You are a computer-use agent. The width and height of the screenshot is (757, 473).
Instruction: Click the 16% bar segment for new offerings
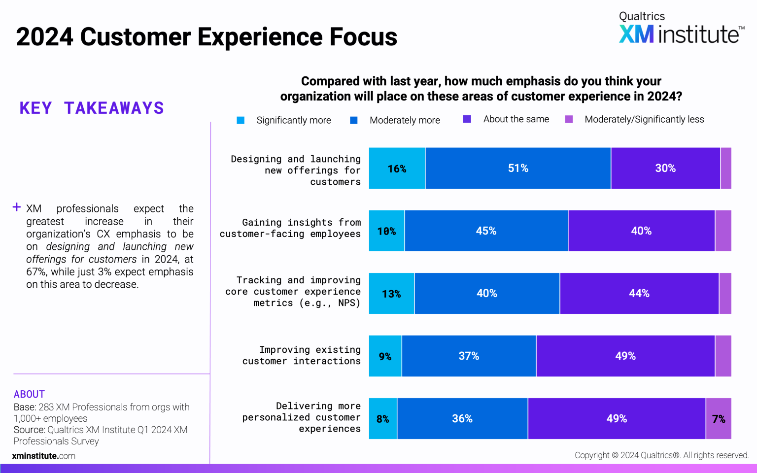pos(397,169)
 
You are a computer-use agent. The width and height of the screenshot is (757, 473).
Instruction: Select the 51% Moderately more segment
pos(518,169)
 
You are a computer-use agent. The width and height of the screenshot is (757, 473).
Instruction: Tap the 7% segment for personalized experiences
pos(719,419)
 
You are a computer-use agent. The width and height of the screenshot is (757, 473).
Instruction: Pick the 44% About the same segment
pos(639,294)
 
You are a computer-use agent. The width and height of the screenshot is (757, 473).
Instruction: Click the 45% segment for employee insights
pos(486,231)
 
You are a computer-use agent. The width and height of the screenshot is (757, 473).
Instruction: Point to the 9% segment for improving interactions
pos(385,356)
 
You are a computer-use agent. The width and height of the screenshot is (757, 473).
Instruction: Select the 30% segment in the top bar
pos(665,169)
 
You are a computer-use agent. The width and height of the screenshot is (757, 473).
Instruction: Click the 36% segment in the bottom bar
pos(462,419)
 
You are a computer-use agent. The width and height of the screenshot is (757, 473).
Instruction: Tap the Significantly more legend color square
pos(241,120)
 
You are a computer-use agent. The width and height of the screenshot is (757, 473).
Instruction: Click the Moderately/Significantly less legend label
pos(644,120)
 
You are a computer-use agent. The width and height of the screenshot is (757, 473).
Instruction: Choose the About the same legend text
pos(516,119)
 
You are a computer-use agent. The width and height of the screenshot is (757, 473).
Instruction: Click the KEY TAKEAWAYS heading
pos(92,108)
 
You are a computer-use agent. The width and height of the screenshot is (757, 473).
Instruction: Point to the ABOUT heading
pos(29,394)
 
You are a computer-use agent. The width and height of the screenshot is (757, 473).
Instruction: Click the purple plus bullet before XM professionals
pos(17,207)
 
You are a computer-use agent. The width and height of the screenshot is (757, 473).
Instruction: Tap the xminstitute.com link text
pos(44,456)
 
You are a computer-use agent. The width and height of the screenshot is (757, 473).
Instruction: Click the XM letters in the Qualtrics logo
pos(636,34)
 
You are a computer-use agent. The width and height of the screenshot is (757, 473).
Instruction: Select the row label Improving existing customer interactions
pos(301,355)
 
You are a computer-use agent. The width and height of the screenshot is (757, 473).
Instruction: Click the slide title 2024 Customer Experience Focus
pos(206,37)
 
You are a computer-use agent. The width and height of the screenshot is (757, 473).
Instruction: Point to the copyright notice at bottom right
pos(661,455)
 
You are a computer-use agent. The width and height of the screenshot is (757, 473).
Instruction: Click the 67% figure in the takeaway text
pos(35,272)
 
